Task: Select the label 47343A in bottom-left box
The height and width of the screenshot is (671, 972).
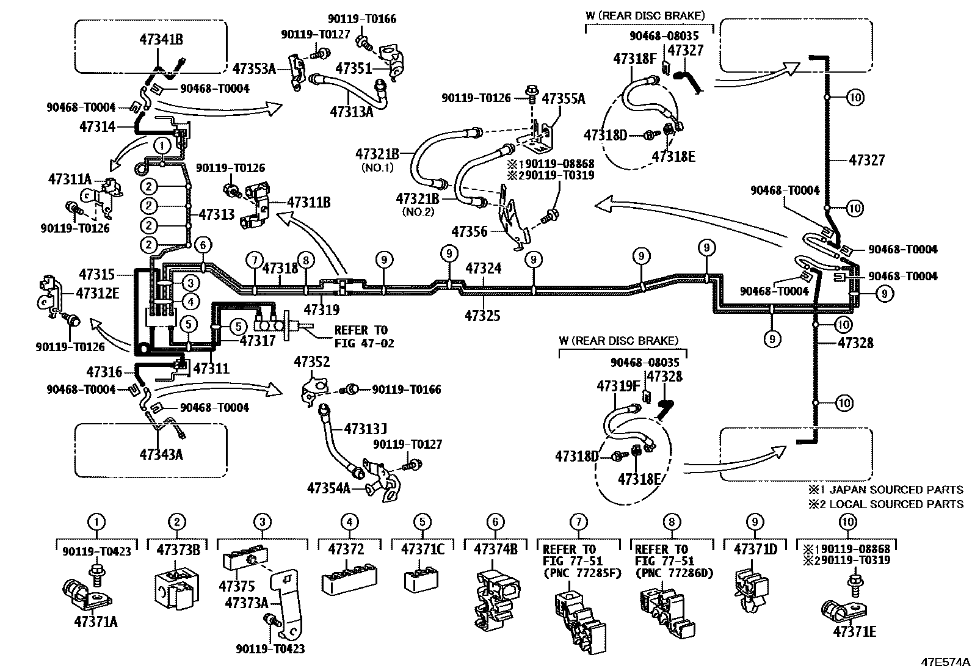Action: tap(161, 454)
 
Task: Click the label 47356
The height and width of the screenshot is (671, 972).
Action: tap(470, 231)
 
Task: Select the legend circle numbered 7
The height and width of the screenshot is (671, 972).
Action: tap(578, 522)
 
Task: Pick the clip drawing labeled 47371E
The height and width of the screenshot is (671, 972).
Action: tap(840, 611)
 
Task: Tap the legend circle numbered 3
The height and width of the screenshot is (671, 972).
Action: tap(262, 522)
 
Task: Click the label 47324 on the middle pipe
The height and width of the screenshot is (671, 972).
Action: tap(483, 268)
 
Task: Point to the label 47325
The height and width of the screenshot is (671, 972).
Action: tap(482, 316)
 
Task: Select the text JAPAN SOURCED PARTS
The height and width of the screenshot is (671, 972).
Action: tap(893, 490)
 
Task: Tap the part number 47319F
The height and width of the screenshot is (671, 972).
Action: tap(618, 386)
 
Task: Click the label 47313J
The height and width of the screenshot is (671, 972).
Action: tap(366, 429)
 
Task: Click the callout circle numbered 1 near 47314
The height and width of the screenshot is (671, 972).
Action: tap(161, 146)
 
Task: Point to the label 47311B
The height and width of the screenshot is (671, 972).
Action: tap(308, 201)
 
